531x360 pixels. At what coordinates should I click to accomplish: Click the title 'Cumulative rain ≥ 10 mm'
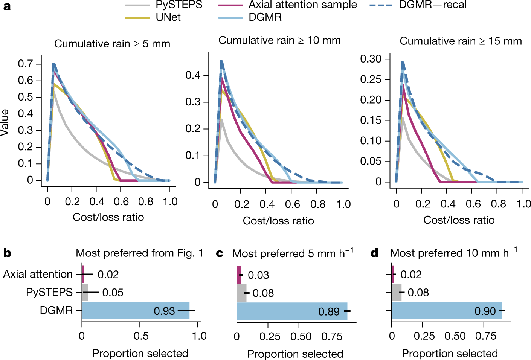click(x=279, y=41)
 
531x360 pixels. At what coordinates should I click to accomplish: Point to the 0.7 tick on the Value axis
click(x=25, y=64)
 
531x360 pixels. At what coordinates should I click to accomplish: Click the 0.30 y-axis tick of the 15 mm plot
click(x=371, y=59)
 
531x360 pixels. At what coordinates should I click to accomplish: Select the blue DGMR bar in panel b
click(x=136, y=311)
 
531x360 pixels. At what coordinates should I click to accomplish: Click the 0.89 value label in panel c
click(x=329, y=312)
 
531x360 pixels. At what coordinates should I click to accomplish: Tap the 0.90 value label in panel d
click(x=485, y=311)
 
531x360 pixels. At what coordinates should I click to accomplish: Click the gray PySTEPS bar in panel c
click(x=241, y=293)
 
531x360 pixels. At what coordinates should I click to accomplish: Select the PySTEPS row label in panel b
click(x=49, y=292)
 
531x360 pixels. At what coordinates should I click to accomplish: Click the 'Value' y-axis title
click(x=5, y=122)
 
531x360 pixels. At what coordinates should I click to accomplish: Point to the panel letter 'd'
click(x=374, y=253)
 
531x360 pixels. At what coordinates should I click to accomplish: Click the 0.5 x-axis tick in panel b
click(x=141, y=336)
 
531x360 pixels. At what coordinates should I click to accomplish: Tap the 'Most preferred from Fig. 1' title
click(x=140, y=253)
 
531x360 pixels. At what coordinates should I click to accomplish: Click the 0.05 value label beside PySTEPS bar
click(x=113, y=293)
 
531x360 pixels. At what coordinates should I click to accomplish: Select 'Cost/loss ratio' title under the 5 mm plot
click(x=108, y=217)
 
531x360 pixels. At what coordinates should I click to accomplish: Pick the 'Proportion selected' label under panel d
click(x=450, y=354)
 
